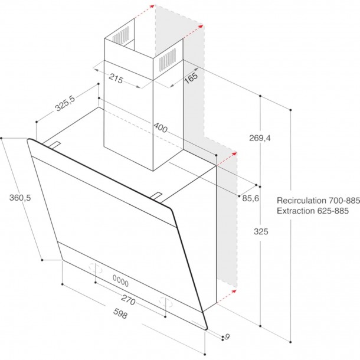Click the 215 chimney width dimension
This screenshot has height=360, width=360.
(x=116, y=78)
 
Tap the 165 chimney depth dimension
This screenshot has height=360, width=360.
(x=191, y=78)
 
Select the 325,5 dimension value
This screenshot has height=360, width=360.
(x=65, y=103)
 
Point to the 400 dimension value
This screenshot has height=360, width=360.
(x=161, y=127)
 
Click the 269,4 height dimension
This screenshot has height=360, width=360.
(x=260, y=138)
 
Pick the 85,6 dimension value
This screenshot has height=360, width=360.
(x=250, y=198)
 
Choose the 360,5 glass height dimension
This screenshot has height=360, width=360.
(x=20, y=198)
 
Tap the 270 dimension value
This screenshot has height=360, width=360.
(x=128, y=300)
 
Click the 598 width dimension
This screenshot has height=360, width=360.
(x=120, y=313)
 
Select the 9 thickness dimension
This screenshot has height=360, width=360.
(x=227, y=337)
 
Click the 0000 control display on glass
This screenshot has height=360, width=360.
(x=120, y=281)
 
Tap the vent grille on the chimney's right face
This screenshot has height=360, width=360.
(x=168, y=59)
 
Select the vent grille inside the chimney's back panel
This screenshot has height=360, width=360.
(x=121, y=35)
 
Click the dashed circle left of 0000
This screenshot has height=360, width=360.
(x=96, y=269)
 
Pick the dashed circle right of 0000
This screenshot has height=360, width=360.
(x=166, y=302)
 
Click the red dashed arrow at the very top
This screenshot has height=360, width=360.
(x=144, y=12)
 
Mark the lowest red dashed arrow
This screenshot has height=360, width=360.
(x=227, y=296)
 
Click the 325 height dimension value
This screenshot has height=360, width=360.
(x=261, y=231)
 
